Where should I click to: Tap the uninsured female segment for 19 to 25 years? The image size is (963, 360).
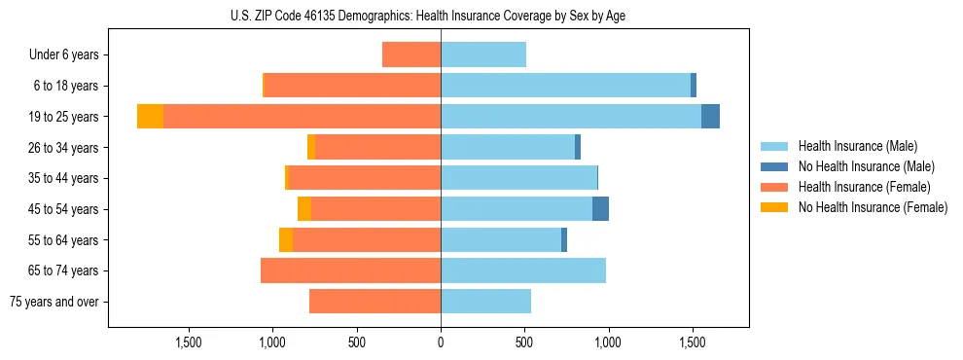coord(150,117)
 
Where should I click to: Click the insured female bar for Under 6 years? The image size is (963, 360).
coord(411,54)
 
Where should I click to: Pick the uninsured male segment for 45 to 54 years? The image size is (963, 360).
coord(600,209)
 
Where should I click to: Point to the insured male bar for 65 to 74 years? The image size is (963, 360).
coord(523,270)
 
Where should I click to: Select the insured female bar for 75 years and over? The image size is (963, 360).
coord(374,302)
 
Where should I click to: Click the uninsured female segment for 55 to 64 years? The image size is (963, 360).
coord(286,240)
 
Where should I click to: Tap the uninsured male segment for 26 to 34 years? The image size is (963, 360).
coord(578,147)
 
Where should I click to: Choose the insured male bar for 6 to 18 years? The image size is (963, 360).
coord(565,86)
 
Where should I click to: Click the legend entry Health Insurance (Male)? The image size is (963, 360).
coord(857,146)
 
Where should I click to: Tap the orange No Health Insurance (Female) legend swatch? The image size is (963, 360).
coord(775,207)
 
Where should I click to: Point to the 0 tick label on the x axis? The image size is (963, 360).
coord(441,342)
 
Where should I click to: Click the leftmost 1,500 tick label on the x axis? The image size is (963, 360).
coord(188,342)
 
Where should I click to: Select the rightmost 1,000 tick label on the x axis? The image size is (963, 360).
coord(608,342)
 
